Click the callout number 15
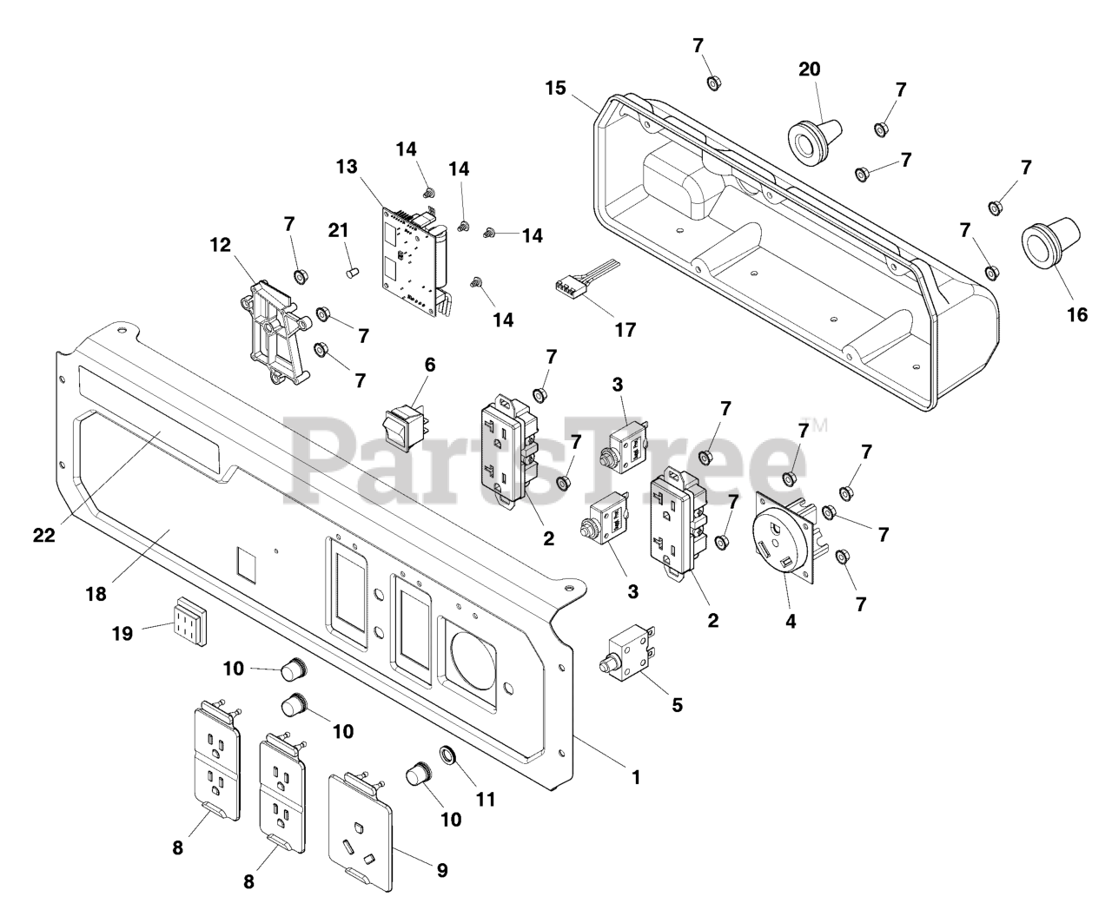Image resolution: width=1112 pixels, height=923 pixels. (x=556, y=88)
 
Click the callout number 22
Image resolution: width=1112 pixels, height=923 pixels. (x=44, y=536)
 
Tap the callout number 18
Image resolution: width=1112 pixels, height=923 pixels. (x=96, y=594)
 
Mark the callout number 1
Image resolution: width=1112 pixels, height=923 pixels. (x=636, y=777)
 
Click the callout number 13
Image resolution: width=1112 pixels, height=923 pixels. (x=347, y=166)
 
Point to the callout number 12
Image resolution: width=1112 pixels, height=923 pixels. (x=221, y=245)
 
